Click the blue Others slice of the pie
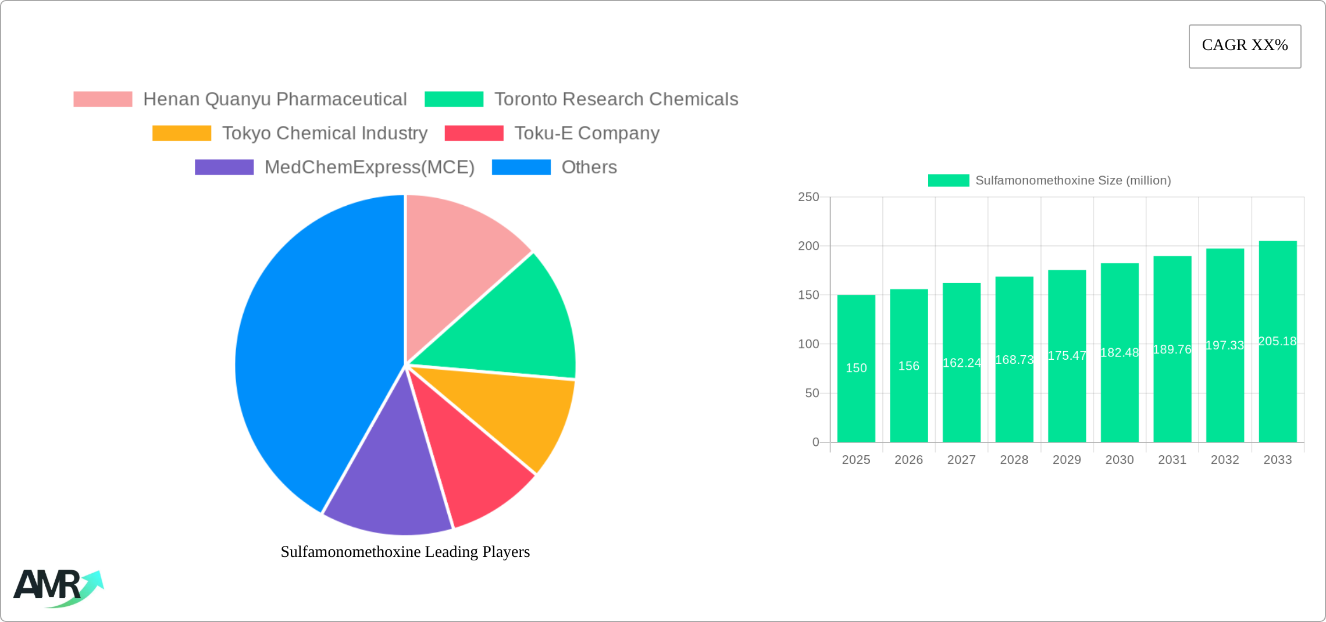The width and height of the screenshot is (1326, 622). click(x=308, y=349)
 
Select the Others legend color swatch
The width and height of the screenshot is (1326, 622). click(x=521, y=167)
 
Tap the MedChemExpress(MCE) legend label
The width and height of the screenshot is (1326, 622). click(x=369, y=167)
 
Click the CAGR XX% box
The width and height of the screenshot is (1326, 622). click(x=1245, y=46)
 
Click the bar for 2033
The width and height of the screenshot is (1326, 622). click(x=1278, y=395)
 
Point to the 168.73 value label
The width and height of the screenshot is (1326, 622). click(x=1014, y=360)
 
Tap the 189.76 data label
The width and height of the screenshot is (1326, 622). click(x=1172, y=349)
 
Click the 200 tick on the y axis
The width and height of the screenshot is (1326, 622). click(x=808, y=246)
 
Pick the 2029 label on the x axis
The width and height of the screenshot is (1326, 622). click(x=1067, y=460)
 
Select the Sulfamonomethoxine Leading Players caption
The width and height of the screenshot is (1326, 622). click(x=405, y=552)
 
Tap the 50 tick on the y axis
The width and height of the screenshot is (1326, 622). click(x=812, y=394)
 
